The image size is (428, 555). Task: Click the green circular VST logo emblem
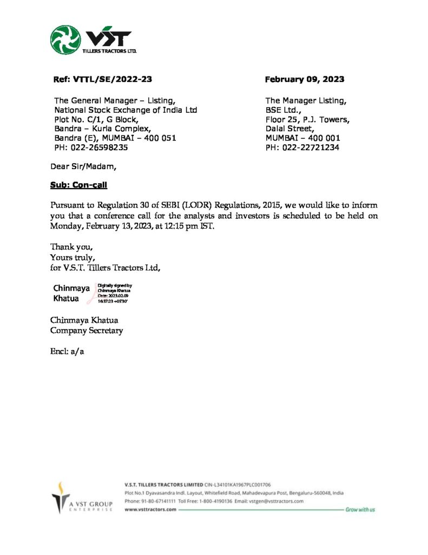(x=65, y=40)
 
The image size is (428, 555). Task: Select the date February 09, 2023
(x=304, y=79)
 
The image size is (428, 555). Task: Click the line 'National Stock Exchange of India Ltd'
(x=126, y=110)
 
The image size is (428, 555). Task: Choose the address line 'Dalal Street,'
(x=289, y=128)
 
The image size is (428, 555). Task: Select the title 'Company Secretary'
(x=87, y=330)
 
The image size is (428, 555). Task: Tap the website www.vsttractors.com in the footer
(x=150, y=510)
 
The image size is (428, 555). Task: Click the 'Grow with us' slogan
(x=360, y=510)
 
